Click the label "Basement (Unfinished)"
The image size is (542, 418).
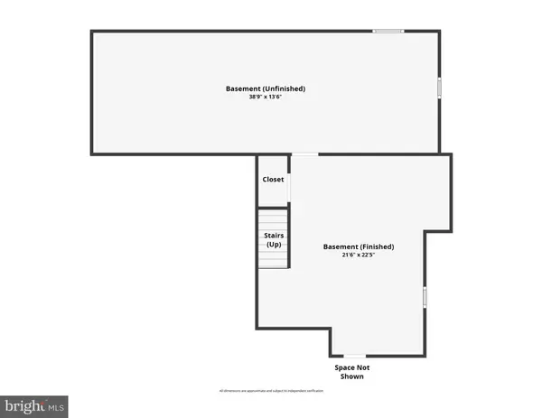pos(266,88)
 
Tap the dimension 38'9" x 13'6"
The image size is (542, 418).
pos(266,98)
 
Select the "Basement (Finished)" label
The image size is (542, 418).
pos(359,246)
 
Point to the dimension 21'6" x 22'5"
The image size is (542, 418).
pos(359,255)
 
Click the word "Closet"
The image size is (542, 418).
pos(273,180)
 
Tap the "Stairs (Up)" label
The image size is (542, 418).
pos(273,240)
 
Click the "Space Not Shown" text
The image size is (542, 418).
pos(352,372)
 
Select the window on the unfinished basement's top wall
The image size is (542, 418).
pos(388,33)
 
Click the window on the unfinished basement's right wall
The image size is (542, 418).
pos(439,88)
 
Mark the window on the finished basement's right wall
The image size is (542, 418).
pos(425,297)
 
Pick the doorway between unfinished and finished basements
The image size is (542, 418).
pos(305,154)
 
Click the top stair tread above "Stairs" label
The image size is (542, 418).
pos(273,214)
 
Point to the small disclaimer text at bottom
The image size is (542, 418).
pos(271,391)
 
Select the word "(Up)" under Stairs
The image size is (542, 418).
pos(273,245)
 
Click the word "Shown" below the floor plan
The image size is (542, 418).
pos(352,377)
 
